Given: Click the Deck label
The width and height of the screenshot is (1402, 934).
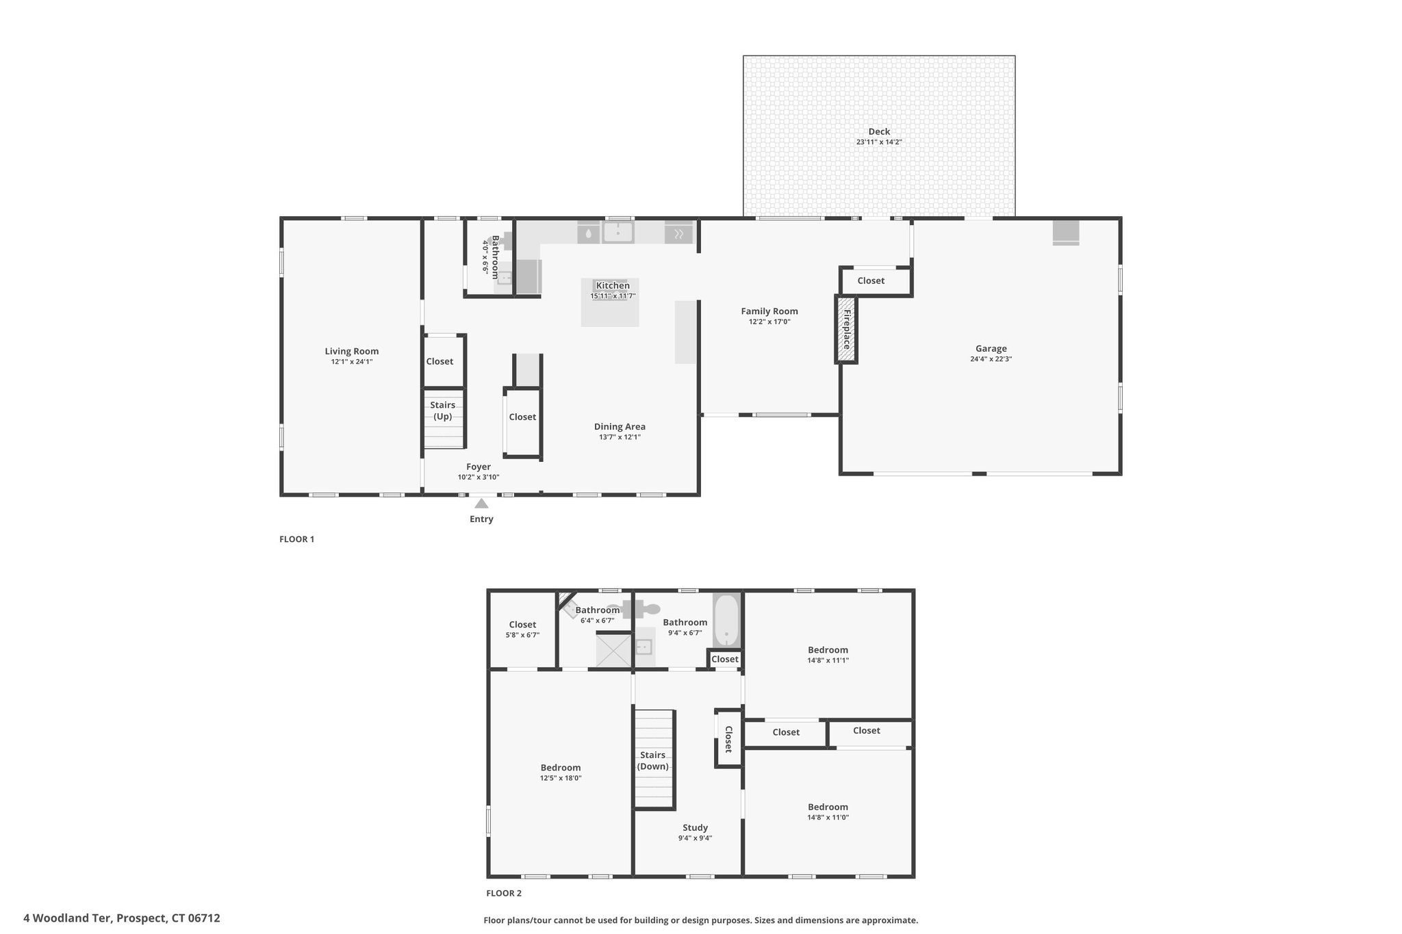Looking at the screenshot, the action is click(x=879, y=131).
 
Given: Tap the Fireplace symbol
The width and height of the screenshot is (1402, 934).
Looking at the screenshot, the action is click(x=846, y=329).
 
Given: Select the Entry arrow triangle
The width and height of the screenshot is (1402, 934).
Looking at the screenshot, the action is click(x=482, y=504).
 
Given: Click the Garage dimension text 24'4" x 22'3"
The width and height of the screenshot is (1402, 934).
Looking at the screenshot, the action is click(x=991, y=359).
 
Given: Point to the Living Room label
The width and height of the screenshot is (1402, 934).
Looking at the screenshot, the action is click(x=352, y=351).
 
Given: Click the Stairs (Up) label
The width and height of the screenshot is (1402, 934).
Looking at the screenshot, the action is click(x=443, y=411).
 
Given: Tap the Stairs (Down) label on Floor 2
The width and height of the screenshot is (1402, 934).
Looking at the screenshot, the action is click(x=653, y=761).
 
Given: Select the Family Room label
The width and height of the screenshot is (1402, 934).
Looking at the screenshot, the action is click(x=769, y=311).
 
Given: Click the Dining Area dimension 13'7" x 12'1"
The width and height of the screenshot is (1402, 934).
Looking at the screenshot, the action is click(x=620, y=437).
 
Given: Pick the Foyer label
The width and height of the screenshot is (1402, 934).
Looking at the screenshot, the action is click(x=479, y=467).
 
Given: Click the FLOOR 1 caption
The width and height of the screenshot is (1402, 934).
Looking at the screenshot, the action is click(x=296, y=539).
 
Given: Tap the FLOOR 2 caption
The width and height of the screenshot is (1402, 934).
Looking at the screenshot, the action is click(x=504, y=893).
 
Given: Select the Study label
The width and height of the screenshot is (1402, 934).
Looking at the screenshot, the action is click(x=695, y=827).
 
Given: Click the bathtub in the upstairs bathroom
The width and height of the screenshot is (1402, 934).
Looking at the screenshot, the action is click(x=726, y=621).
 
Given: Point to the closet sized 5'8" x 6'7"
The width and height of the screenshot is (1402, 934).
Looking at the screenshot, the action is click(x=522, y=629).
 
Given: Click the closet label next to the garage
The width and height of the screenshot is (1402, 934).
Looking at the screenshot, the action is click(x=871, y=281).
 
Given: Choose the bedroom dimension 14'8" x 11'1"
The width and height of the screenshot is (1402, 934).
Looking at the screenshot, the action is click(x=828, y=660).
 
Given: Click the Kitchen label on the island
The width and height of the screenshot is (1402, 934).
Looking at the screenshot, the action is click(x=613, y=285).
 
